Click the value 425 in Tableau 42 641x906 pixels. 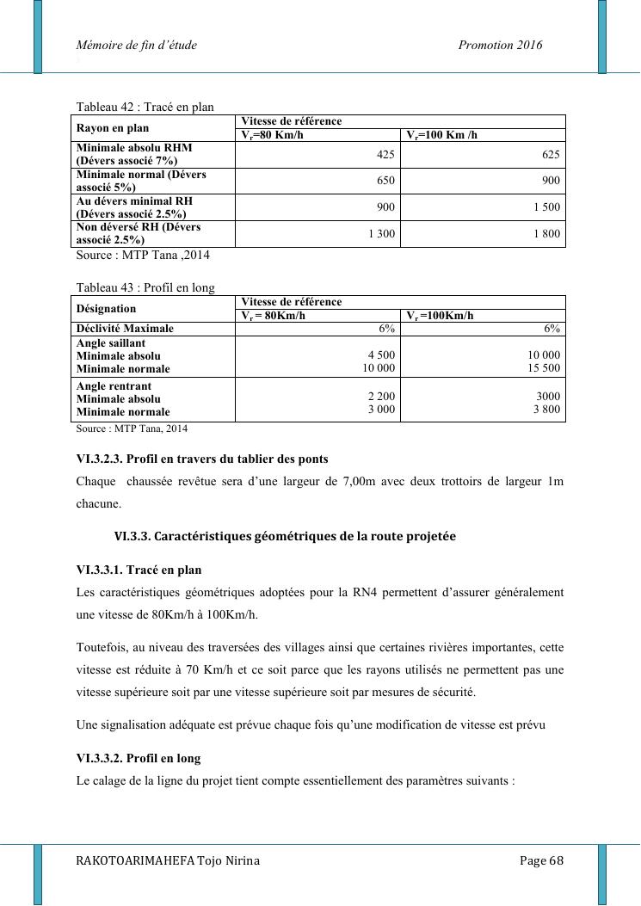[x=385, y=155]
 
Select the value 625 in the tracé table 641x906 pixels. [x=551, y=155]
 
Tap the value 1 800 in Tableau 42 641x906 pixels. [x=546, y=234]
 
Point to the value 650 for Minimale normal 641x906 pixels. [x=385, y=181]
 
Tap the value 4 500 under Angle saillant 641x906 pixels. [x=381, y=355]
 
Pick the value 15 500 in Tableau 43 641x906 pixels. [x=545, y=368]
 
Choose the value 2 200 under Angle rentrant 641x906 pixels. [x=381, y=397]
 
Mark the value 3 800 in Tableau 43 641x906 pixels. [x=546, y=410]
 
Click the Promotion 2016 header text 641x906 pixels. [x=501, y=46]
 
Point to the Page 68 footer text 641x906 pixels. [x=541, y=861]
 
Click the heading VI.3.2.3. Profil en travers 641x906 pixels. [x=202, y=459]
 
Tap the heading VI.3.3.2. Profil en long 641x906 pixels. [x=138, y=759]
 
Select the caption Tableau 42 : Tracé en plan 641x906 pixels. [x=145, y=108]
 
